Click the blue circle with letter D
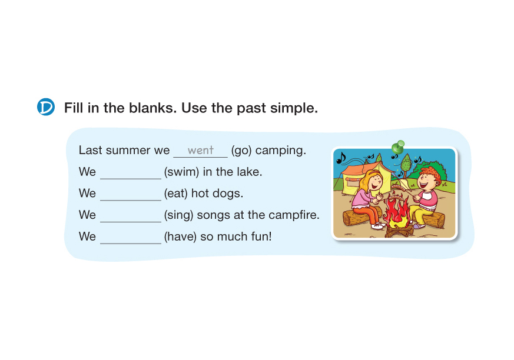45,107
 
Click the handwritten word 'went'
201,150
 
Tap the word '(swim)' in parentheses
181,172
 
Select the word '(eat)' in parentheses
175,194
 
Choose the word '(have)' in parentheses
180,236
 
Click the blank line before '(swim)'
131,179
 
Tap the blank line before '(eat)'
131,200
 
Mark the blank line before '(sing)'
131,222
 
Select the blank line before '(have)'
131,244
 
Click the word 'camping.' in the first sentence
280,151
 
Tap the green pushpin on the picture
398,146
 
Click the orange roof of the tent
358,168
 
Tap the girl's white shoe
377,226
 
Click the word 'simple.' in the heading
294,108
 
